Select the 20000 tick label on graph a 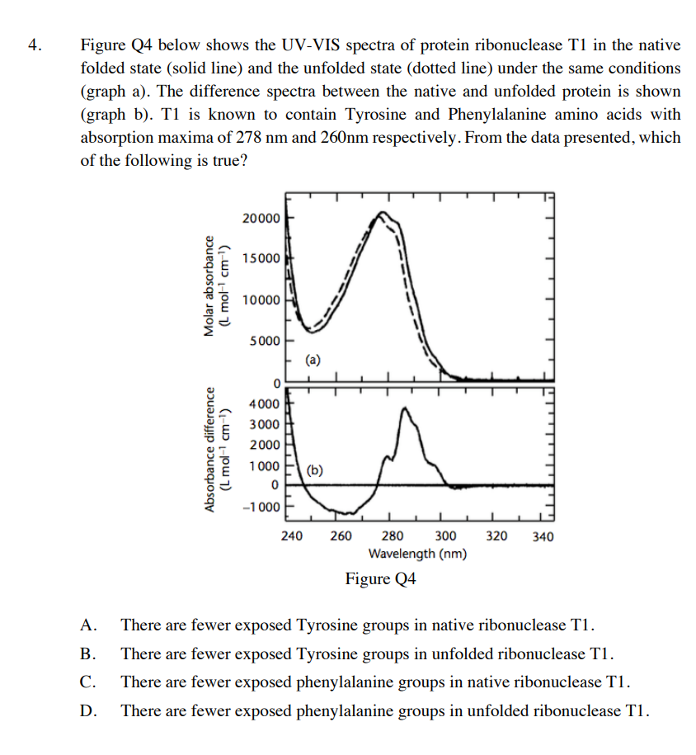(x=261, y=218)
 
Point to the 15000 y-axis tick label (x=261, y=258)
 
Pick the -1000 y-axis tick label (x=261, y=507)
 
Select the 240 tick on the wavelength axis (x=291, y=536)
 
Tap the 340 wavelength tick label (x=543, y=536)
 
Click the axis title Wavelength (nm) (x=417, y=554)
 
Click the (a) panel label (x=313, y=359)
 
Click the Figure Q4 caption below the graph (x=380, y=578)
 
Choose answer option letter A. (x=87, y=625)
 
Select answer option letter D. (x=87, y=710)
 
